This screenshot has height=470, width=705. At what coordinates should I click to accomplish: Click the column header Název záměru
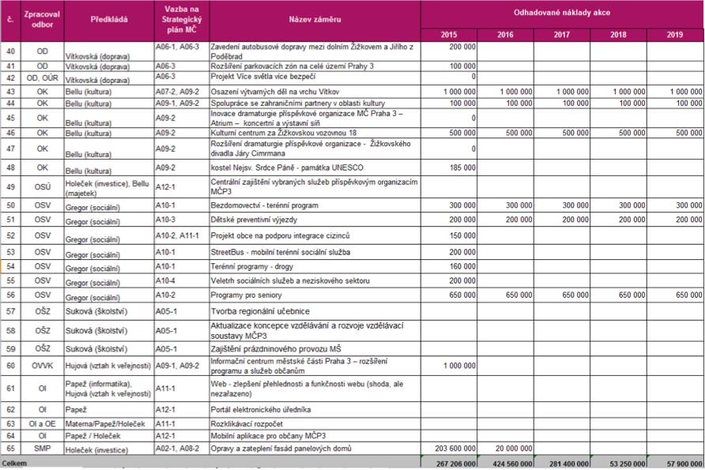pyautogui.click(x=315, y=19)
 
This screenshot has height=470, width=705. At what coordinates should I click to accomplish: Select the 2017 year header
pyautogui.click(x=562, y=35)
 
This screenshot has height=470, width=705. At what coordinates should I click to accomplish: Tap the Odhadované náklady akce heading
pyautogui.click(x=562, y=13)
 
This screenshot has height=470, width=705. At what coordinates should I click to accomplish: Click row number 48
pyautogui.click(x=10, y=167)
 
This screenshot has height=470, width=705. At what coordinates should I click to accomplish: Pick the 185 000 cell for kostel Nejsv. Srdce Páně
pyautogui.click(x=462, y=167)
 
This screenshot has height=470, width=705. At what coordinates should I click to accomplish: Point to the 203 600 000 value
pyautogui.click(x=455, y=449)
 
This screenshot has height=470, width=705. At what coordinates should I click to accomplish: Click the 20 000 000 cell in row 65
pyautogui.click(x=514, y=449)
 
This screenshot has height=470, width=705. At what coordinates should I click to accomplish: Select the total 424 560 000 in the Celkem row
pyautogui.click(x=512, y=464)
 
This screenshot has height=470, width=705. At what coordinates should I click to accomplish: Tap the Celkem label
pyautogui.click(x=14, y=463)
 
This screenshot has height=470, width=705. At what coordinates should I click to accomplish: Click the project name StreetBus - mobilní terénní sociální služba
pyautogui.click(x=280, y=252)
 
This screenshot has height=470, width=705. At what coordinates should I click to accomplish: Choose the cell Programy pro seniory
pyautogui.click(x=246, y=295)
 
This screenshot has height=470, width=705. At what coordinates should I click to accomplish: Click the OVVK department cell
pyautogui.click(x=42, y=366)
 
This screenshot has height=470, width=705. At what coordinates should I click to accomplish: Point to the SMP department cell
pyautogui.click(x=42, y=449)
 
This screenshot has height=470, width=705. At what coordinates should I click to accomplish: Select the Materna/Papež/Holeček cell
pyautogui.click(x=105, y=423)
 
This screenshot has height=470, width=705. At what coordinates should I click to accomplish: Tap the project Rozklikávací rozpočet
pyautogui.click(x=247, y=423)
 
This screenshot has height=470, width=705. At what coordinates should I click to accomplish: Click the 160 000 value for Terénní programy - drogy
pyautogui.click(x=462, y=266)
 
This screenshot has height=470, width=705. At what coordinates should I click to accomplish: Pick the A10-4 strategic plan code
pyautogui.click(x=165, y=281)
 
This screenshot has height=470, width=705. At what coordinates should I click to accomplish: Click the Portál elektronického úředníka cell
pyautogui.click(x=261, y=410)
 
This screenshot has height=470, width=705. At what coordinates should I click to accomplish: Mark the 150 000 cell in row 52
pyautogui.click(x=462, y=235)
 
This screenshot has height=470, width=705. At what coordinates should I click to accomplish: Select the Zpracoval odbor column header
pyautogui.click(x=42, y=19)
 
